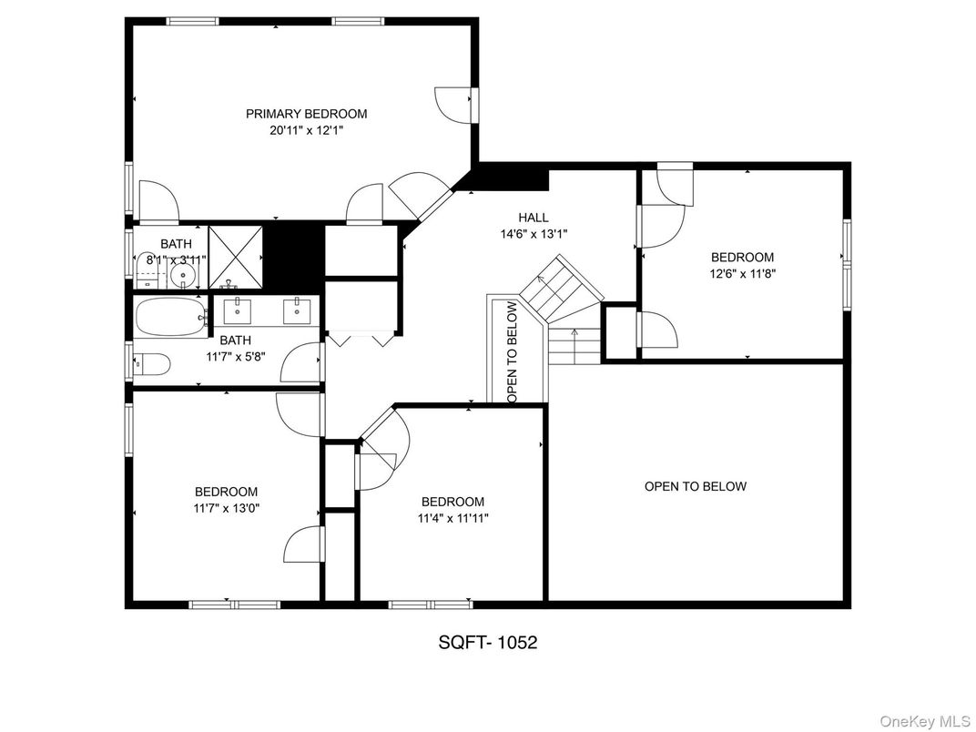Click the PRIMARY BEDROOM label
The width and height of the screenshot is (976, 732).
[x=306, y=114]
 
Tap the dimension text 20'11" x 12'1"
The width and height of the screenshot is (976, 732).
[x=306, y=131]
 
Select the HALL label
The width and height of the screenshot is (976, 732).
[x=534, y=218]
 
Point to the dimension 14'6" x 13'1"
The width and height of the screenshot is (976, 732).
[x=534, y=234]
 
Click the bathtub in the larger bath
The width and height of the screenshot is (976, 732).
[x=171, y=318]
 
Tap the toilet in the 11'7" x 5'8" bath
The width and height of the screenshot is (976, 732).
[x=152, y=365]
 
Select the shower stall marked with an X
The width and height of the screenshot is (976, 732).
[x=235, y=257]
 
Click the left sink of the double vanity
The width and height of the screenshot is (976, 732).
[x=237, y=310]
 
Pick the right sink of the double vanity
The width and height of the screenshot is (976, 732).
[x=297, y=310]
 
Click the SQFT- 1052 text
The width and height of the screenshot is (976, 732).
[x=487, y=642]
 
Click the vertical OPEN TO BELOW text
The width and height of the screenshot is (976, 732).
[x=513, y=351]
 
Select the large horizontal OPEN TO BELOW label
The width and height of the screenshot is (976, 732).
[x=696, y=486]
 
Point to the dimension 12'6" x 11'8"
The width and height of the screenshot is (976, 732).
[x=743, y=273]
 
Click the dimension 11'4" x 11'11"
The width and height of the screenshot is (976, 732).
[x=453, y=518]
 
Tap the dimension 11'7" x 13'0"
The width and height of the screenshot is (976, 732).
[x=227, y=508]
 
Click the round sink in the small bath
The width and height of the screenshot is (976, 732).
[x=184, y=276]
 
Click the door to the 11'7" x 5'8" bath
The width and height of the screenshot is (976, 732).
[x=302, y=363]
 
